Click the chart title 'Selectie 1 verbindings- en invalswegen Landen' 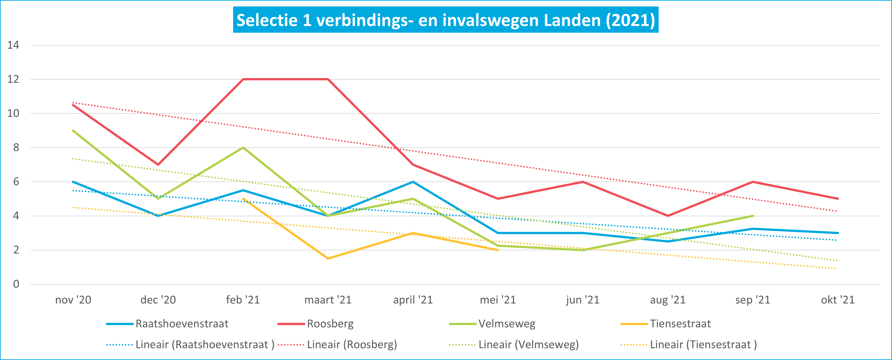point(446,20)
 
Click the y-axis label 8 point(16,148)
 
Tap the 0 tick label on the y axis point(16,284)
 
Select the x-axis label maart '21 point(328,300)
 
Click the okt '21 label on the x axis point(838,300)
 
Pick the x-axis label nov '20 point(73,300)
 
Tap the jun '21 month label point(583,300)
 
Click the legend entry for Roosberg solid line point(330,324)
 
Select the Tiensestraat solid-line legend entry point(680,324)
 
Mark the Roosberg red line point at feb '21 point(243,79)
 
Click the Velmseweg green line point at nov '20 point(73,131)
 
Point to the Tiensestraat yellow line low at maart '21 point(328,259)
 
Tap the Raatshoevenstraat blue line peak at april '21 point(413,182)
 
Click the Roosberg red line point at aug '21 point(668,216)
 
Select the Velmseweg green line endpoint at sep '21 point(753,216)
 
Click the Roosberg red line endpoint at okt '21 point(838,199)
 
